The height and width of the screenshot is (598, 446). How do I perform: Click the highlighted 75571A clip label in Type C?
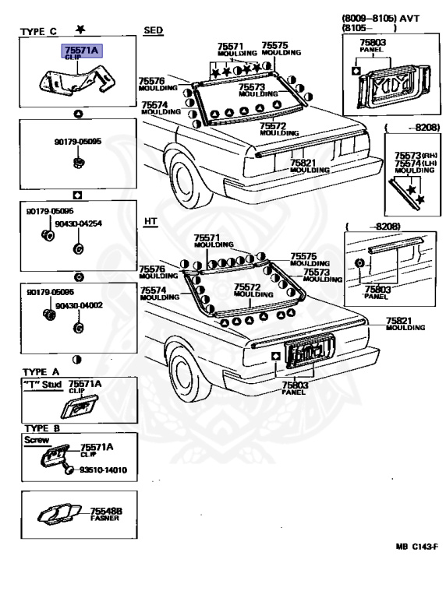click(x=82, y=51)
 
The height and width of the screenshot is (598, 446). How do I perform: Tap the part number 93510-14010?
click(x=103, y=470)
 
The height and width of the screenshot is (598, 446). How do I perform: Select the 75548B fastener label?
click(x=106, y=514)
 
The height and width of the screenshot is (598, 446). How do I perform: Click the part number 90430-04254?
click(x=79, y=223)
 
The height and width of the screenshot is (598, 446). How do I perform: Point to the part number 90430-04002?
click(x=79, y=305)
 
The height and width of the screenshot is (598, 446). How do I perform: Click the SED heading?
click(x=154, y=30)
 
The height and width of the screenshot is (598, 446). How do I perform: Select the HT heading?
click(x=150, y=221)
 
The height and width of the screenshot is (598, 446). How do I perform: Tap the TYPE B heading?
click(x=42, y=428)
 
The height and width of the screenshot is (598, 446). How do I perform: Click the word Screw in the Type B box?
click(x=37, y=440)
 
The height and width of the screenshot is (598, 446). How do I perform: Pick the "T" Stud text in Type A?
click(x=42, y=385)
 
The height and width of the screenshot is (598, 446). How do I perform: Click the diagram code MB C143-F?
click(x=416, y=547)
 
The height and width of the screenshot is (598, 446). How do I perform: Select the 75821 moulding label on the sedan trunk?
click(x=310, y=166)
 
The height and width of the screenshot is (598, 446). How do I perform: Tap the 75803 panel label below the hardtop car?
click(x=295, y=388)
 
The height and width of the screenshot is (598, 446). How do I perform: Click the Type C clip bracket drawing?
click(x=77, y=81)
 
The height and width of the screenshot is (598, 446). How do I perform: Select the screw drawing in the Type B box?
click(x=69, y=469)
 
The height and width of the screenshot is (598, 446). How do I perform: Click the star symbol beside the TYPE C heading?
click(x=80, y=29)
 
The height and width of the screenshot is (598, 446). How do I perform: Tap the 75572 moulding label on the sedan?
click(x=279, y=129)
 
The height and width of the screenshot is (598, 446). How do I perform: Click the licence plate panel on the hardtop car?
click(x=310, y=350)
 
